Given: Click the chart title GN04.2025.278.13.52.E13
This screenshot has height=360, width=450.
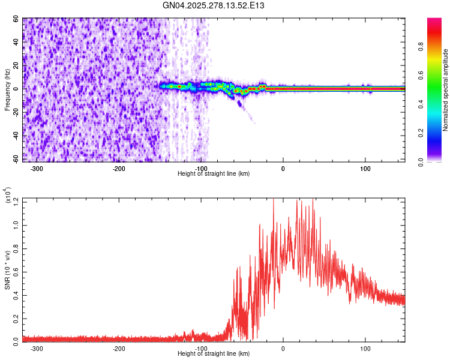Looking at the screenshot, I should tap(214, 5).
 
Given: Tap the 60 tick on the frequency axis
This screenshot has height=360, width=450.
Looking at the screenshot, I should tap(16, 19).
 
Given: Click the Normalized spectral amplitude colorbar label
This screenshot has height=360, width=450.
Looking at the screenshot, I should tap(445, 90).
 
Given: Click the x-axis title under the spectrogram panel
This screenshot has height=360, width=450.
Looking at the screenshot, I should tap(214, 173).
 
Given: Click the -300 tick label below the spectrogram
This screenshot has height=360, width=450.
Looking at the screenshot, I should tap(37, 168).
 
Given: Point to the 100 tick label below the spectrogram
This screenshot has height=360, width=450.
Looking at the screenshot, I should tap(365, 168).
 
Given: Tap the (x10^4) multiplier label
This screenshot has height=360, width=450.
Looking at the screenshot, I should tap(8, 196).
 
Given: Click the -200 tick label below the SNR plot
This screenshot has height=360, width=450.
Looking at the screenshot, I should tap(119, 348).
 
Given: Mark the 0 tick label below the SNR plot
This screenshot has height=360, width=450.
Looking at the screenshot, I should tap(283, 348).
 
